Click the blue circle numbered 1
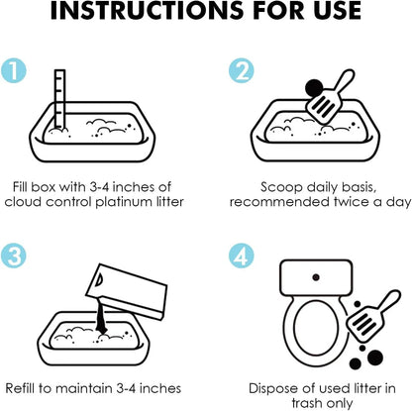pos(14,70)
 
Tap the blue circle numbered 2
pos(242,70)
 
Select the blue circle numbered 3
pos(14,256)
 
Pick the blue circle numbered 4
pos(242,256)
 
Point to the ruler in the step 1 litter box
pos(60,99)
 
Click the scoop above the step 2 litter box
pos(330,96)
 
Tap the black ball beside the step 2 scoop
pos(314,88)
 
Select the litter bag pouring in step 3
pos(127,291)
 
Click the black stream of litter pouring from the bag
pos(102,319)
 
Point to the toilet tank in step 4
pos(316,277)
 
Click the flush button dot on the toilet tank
pos(316,277)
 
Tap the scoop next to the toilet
pos(372,316)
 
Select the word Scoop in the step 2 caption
pos(281,187)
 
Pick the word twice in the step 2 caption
pos(352,202)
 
